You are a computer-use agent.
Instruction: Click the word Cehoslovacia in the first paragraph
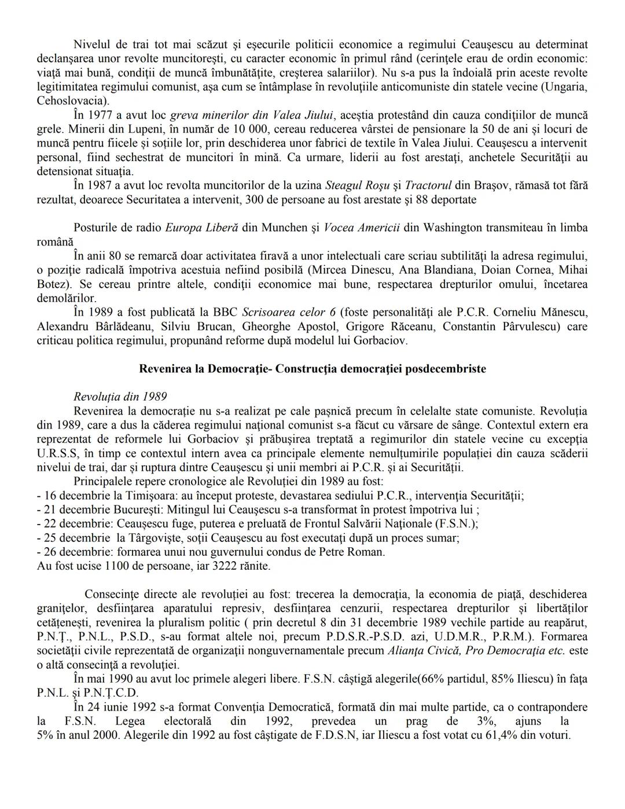(x=65, y=100)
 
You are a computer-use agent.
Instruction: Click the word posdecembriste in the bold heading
(x=448, y=369)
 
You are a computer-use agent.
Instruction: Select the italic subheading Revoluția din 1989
(x=120, y=397)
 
